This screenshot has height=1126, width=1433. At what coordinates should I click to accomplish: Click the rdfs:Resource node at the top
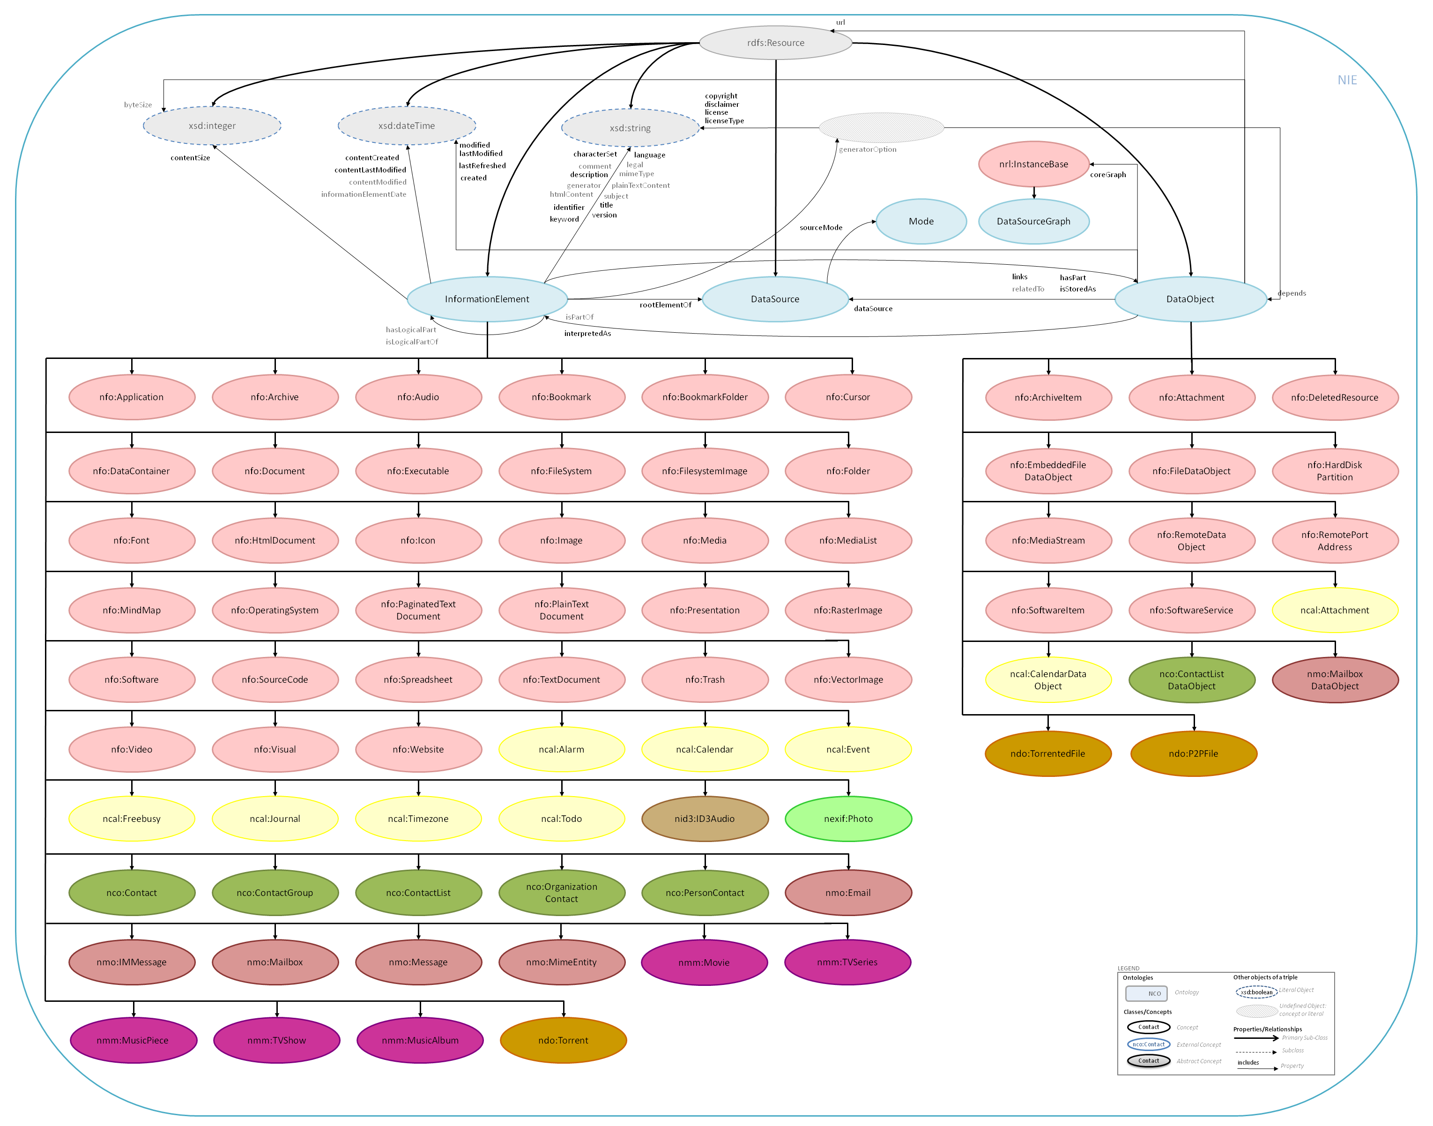(775, 43)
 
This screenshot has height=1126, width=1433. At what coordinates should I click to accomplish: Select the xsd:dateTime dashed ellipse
(407, 125)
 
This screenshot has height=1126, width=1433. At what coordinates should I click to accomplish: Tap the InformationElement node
(487, 298)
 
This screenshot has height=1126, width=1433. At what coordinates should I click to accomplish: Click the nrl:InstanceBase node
(1033, 164)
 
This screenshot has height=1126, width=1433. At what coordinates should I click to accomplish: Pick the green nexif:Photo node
(848, 819)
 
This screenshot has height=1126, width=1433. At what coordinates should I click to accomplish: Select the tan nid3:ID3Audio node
(705, 819)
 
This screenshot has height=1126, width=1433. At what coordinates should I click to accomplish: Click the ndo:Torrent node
(564, 1040)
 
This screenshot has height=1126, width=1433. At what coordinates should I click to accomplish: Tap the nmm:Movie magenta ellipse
(704, 962)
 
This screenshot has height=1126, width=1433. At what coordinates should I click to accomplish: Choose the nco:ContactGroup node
(275, 893)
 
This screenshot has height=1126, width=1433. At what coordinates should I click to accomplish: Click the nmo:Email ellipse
(848, 893)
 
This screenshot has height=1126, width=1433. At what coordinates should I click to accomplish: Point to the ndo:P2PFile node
(1194, 753)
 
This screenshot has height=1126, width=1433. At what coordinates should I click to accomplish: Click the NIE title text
(1347, 80)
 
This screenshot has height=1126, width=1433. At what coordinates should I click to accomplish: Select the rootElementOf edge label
(666, 305)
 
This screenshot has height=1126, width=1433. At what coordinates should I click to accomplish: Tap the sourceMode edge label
(821, 227)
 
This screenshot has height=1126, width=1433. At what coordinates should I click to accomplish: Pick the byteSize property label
(138, 105)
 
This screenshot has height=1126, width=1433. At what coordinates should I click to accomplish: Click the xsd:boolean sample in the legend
(1256, 992)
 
